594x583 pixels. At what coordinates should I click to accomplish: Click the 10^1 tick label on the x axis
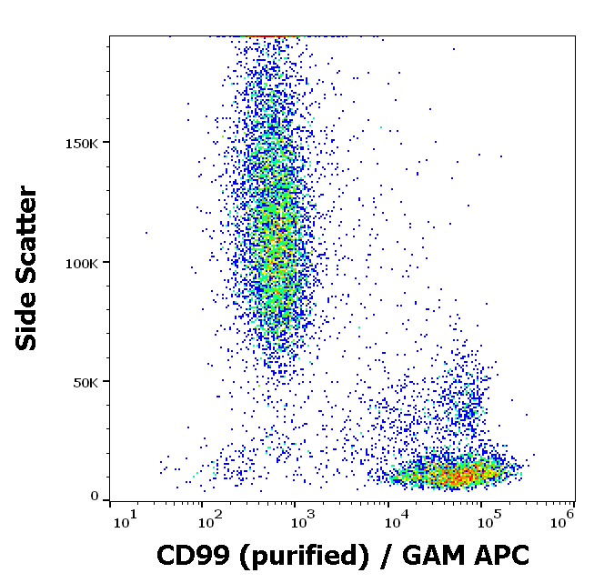pos(123,519)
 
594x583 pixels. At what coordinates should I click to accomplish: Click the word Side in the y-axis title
pos(28,322)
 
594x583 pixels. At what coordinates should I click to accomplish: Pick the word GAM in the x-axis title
pos(427,555)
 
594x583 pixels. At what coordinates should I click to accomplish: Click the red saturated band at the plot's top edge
pos(269,37)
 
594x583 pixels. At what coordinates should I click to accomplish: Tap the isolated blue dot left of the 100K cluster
pos(146,233)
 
